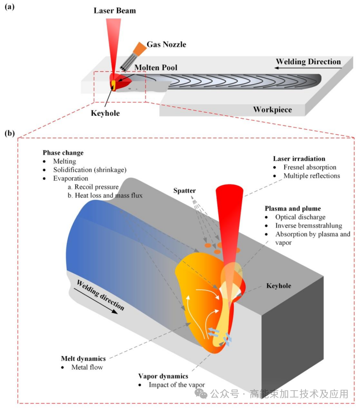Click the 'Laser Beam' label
(115, 10)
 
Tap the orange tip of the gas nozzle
(140, 48)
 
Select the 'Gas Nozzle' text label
(166, 44)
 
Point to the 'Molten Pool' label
(156, 68)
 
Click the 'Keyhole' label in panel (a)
(105, 113)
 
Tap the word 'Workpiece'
(272, 110)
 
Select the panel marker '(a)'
(10, 6)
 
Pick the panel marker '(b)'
(10, 133)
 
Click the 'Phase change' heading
(63, 153)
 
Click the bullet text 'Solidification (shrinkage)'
(90, 170)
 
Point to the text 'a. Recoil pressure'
(93, 187)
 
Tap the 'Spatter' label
(185, 191)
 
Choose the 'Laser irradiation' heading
(299, 159)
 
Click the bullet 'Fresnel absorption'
(310, 167)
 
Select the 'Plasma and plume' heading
(293, 209)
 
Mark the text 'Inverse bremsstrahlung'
(309, 225)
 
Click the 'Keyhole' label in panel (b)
(279, 286)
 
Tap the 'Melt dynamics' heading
(84, 359)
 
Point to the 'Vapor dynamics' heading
(163, 376)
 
